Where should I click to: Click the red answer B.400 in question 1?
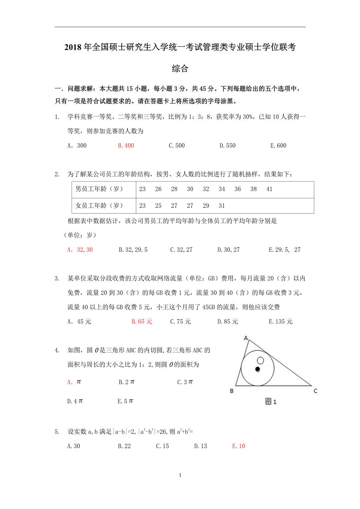126,145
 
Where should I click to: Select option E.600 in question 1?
278,145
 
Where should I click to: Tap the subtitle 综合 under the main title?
180,69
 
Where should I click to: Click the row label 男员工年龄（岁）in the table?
99,189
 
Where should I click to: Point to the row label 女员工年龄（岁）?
99,205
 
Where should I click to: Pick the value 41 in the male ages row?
269,189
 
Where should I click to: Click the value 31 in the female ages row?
222,205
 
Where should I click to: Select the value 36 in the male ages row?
238,189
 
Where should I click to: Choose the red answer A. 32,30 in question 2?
80,250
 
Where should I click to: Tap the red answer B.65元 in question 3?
142,322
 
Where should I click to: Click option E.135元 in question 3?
281,322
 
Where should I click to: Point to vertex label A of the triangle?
246,338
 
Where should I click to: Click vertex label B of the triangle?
232,391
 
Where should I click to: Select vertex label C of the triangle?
316,391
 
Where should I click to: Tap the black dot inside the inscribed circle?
257,369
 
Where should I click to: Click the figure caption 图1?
271,402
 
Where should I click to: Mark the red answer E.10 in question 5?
238,446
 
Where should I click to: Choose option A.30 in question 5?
73,446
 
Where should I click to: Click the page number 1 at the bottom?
180,475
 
